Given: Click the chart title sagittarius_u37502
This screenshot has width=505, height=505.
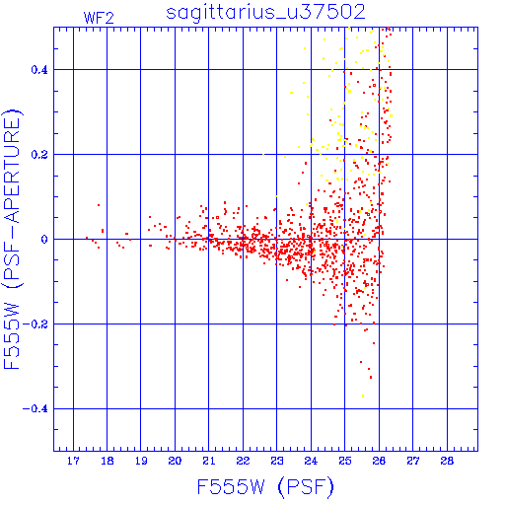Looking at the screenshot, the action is click(x=265, y=12).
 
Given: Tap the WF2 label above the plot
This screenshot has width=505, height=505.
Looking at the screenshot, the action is click(x=99, y=18).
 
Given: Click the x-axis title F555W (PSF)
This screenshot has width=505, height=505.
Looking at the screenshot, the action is click(x=265, y=487).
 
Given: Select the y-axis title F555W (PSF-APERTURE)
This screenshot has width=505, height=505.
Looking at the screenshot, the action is click(x=12, y=239).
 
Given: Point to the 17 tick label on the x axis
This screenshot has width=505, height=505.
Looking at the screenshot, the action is click(x=73, y=461).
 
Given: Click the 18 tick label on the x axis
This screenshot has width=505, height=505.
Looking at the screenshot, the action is click(x=108, y=461).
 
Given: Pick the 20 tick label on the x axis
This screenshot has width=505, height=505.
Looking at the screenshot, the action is click(x=175, y=461).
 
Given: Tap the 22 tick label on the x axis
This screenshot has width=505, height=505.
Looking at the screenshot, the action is click(x=243, y=461).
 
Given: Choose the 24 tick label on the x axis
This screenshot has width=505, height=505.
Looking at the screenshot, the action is click(x=311, y=461).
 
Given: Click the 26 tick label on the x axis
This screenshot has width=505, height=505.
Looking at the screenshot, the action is click(x=379, y=461).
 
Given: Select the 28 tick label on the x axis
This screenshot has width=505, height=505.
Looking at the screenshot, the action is click(x=447, y=461).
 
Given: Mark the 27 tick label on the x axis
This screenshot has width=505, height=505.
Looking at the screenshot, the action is click(x=413, y=461).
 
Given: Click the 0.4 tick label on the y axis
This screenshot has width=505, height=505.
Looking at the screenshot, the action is click(x=39, y=69).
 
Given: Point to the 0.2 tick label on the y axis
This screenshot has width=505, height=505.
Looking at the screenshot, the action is click(x=39, y=154).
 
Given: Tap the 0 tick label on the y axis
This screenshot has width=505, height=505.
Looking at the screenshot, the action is click(x=44, y=239).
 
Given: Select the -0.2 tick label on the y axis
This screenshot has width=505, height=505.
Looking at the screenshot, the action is click(x=36, y=325).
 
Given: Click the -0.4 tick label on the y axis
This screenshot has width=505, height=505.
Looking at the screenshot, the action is click(x=36, y=409).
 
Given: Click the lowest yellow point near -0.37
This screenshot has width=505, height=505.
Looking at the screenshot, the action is click(x=363, y=397).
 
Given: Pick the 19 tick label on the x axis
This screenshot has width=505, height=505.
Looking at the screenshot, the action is click(x=141, y=461).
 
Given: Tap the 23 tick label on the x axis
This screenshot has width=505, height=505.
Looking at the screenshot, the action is click(x=277, y=461).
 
